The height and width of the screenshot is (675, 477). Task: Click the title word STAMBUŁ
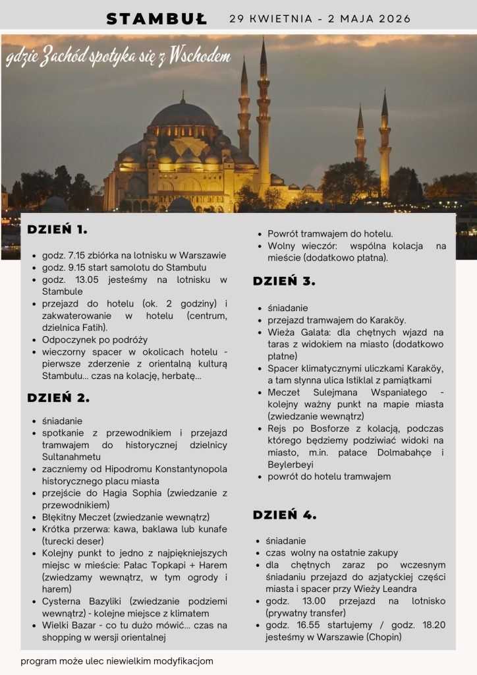click(x=157, y=18)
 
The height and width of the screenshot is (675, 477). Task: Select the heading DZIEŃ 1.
click(x=57, y=230)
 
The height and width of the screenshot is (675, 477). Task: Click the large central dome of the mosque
click(x=182, y=115)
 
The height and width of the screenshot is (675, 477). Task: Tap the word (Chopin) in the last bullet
click(x=379, y=637)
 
